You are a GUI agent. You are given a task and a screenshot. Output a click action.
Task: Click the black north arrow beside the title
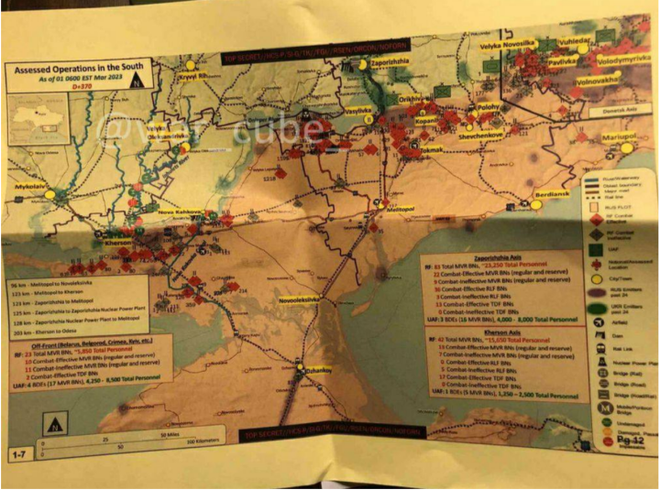point(137,80)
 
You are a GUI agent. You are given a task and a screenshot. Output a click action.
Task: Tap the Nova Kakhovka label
point(179,212)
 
